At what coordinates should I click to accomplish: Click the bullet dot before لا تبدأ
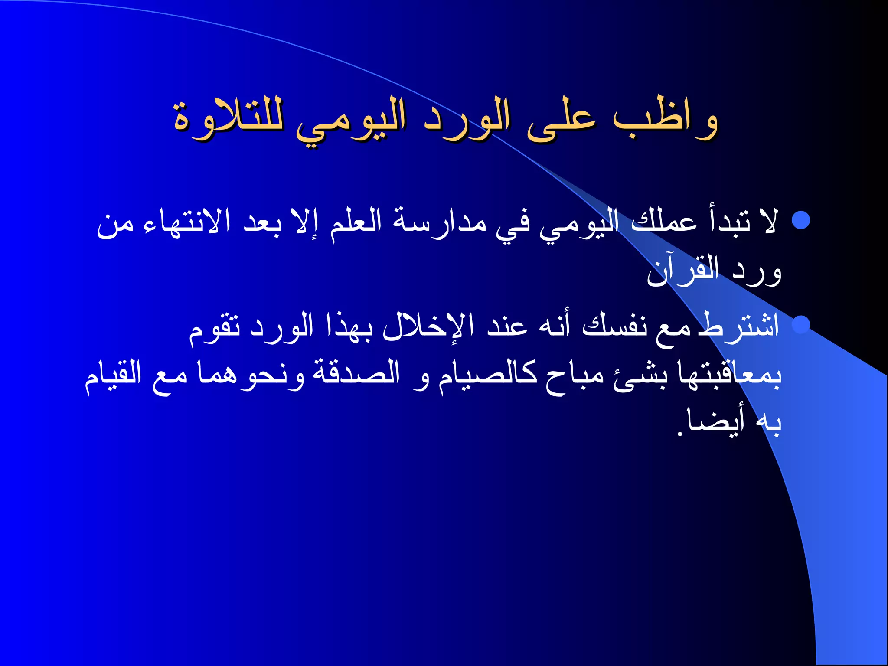pos(800,220)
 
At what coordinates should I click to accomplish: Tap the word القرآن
pos(683,271)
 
